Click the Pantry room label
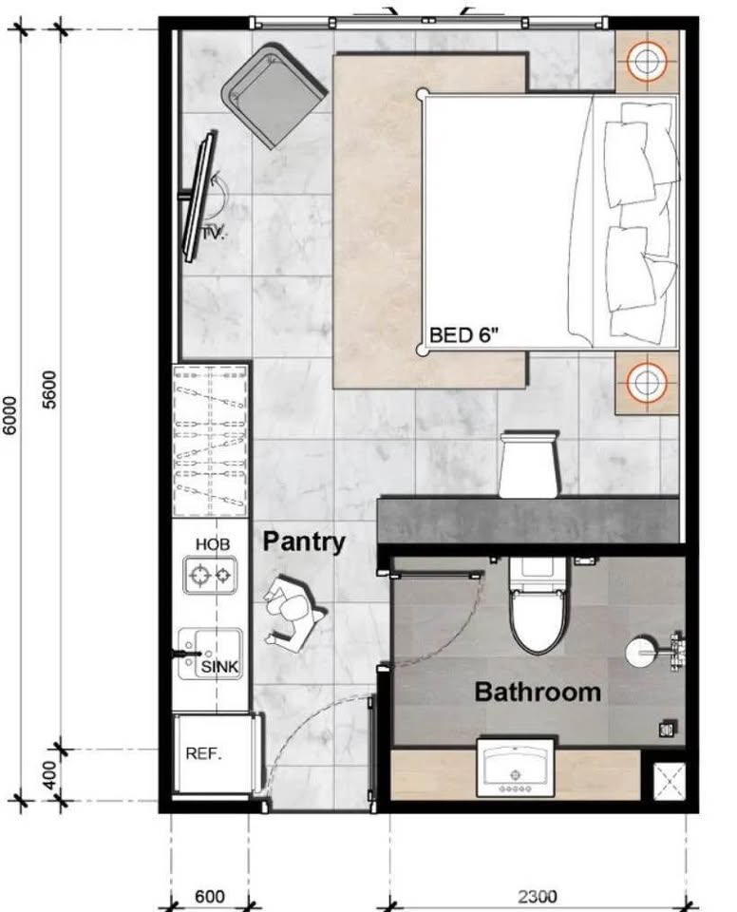tap(304, 542)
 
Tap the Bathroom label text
tap(538, 691)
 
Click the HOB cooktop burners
tap(210, 574)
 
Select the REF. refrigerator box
tap(204, 755)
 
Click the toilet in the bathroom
tap(539, 608)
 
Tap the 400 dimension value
tap(51, 774)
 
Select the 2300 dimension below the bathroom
tap(538, 896)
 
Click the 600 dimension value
tap(209, 896)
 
